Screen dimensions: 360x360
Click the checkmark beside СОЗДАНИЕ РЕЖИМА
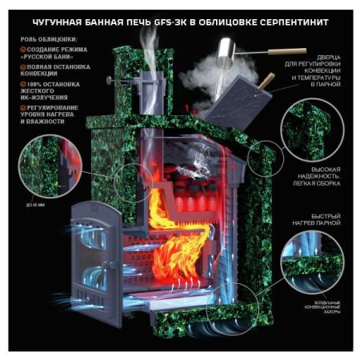pyautogui.click(x=22, y=50)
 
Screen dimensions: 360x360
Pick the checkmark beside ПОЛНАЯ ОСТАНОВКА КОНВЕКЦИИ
pyautogui.click(x=22, y=67)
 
